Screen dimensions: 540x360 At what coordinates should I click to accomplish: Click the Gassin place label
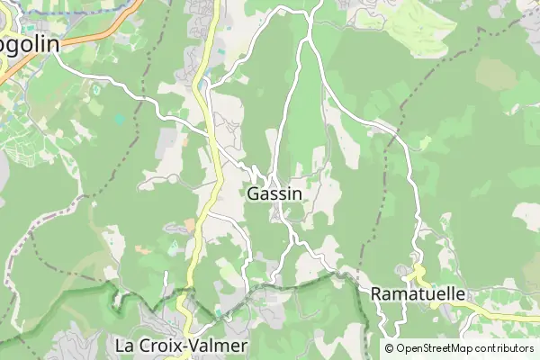coord(274,193)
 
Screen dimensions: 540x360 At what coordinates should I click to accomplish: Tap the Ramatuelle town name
coord(418,294)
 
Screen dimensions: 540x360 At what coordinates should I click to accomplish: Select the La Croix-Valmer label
coord(181,345)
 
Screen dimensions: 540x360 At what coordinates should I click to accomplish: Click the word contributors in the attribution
coord(507,348)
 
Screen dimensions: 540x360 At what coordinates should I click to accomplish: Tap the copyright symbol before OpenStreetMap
coord(390,348)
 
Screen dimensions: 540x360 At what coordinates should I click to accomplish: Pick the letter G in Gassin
coord(253,193)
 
